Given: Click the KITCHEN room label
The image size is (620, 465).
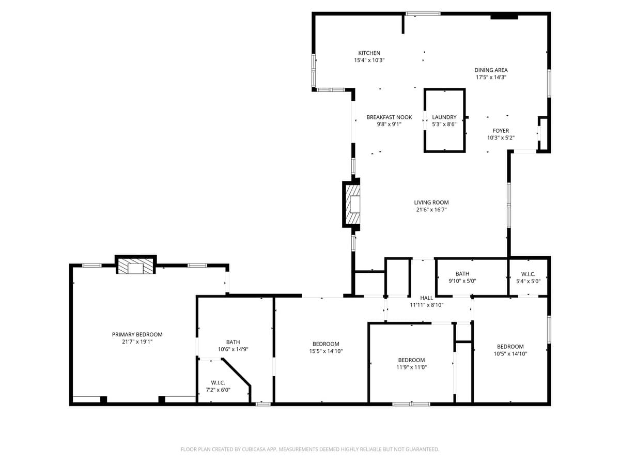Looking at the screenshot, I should click(369, 53).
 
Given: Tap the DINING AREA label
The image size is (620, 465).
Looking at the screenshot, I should click(491, 70).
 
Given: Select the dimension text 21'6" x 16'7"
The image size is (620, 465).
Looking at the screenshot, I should click(431, 210).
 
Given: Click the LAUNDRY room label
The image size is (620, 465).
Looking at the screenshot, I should click(444, 117).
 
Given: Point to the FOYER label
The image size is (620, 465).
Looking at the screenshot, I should click(501, 131).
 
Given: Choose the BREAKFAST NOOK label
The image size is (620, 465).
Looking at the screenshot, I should click(389, 117).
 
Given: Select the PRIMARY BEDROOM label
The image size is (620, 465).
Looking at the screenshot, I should click(137, 334).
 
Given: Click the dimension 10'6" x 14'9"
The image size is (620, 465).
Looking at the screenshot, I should click(233, 349).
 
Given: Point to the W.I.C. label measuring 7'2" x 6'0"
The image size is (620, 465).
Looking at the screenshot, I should click(218, 383).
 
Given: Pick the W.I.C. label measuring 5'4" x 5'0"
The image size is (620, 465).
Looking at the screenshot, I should click(528, 274).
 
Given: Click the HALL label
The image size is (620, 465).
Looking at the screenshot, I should click(427, 298).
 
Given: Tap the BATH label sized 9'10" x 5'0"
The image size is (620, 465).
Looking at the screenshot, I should click(462, 274).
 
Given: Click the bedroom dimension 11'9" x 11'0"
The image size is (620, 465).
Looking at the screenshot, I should click(411, 367).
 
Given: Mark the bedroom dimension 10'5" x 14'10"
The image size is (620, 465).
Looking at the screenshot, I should click(510, 354).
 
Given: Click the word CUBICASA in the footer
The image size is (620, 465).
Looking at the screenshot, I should click(254, 450).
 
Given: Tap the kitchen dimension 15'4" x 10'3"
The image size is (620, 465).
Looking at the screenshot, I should click(369, 60).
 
